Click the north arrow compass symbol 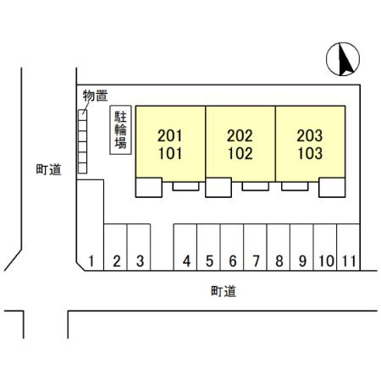(343, 59)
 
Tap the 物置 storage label (95, 96)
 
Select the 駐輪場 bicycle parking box (120, 129)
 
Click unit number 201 (169, 135)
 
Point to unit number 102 (240, 153)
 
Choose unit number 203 (310, 135)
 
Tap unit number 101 (170, 153)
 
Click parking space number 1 (91, 261)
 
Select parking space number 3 (140, 261)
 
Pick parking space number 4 (186, 261)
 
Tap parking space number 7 (256, 261)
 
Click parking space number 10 (327, 261)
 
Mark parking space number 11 (349, 261)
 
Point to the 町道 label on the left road (48, 169)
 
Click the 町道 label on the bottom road (224, 291)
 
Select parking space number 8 (279, 261)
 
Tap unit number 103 (310, 153)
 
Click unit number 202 (240, 135)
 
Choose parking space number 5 (209, 261)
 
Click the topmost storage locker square (82, 115)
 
